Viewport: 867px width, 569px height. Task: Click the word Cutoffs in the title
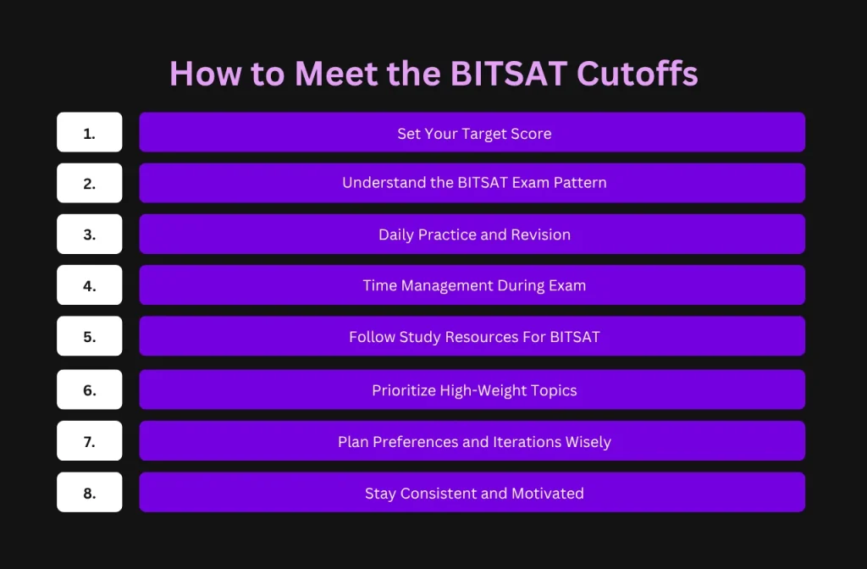pyautogui.click(x=637, y=73)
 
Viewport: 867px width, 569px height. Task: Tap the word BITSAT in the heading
pyautogui.click(x=509, y=73)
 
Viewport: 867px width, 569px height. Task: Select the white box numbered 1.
pyautogui.click(x=90, y=132)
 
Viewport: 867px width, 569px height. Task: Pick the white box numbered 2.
pyautogui.click(x=90, y=183)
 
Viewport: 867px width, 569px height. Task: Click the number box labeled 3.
pyautogui.click(x=90, y=234)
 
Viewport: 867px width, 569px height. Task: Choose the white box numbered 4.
pyautogui.click(x=90, y=284)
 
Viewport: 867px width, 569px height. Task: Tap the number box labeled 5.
pyautogui.click(x=90, y=336)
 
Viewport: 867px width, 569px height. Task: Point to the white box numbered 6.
pyautogui.click(x=90, y=389)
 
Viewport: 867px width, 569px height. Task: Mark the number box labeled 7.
pyautogui.click(x=90, y=440)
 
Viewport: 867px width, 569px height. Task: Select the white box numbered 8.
pyautogui.click(x=90, y=492)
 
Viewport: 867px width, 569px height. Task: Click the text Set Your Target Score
pyautogui.click(x=474, y=134)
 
